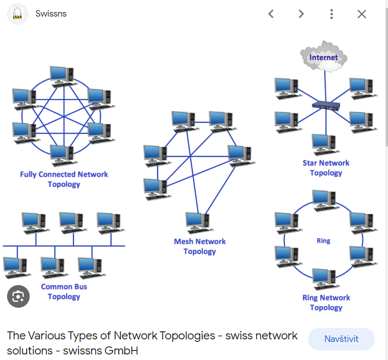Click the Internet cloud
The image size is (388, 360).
point(324,57)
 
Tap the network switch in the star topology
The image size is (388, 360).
point(326,106)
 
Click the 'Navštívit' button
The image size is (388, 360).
point(341,339)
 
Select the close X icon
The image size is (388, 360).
point(362,14)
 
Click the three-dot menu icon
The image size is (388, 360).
point(331,14)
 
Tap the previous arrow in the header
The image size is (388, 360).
point(271,14)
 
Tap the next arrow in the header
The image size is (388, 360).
point(301,14)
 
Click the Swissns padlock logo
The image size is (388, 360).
point(18,14)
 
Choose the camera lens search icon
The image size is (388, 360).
point(18,296)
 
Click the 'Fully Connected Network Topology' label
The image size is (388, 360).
point(64,179)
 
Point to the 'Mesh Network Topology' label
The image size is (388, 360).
point(200,246)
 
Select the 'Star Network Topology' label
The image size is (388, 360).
point(326,168)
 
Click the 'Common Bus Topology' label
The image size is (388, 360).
point(64,292)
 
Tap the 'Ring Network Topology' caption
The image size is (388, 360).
point(326,303)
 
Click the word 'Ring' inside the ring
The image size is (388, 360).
point(324,241)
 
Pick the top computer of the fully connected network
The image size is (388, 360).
point(62,76)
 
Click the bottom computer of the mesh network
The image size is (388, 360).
point(198,223)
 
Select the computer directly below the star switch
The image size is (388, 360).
point(324,144)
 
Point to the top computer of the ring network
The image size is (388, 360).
point(324,200)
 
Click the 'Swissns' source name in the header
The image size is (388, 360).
point(51,14)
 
